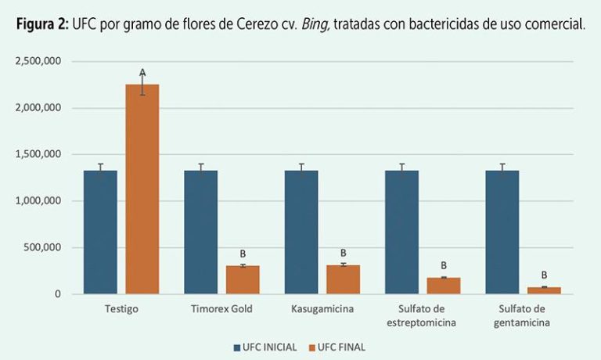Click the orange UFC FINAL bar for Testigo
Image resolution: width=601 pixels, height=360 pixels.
pos(142,189)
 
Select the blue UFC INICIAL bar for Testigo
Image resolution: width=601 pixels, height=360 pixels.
pos(100,232)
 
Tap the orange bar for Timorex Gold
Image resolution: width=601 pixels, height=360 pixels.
pos(242,279)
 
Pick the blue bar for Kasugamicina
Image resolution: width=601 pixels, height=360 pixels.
pos(301,232)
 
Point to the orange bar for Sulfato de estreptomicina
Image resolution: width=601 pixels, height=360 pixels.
pos(443,286)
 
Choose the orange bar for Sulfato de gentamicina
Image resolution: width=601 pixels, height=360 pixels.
pos(544,290)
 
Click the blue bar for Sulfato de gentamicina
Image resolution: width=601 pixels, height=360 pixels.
pos(502,232)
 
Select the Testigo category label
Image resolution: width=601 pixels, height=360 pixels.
pos(121,309)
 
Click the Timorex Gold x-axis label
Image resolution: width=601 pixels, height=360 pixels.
pos(221,309)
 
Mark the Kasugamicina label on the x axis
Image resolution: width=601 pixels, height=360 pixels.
pos(322,309)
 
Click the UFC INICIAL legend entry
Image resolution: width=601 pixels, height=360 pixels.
pos(265,347)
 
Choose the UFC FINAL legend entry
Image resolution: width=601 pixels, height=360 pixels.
pos(336,347)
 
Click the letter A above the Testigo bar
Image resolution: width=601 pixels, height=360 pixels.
pos(142,73)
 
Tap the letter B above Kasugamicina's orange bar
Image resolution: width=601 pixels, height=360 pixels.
pos(343,253)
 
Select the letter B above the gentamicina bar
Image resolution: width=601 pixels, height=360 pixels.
pos(544,275)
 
